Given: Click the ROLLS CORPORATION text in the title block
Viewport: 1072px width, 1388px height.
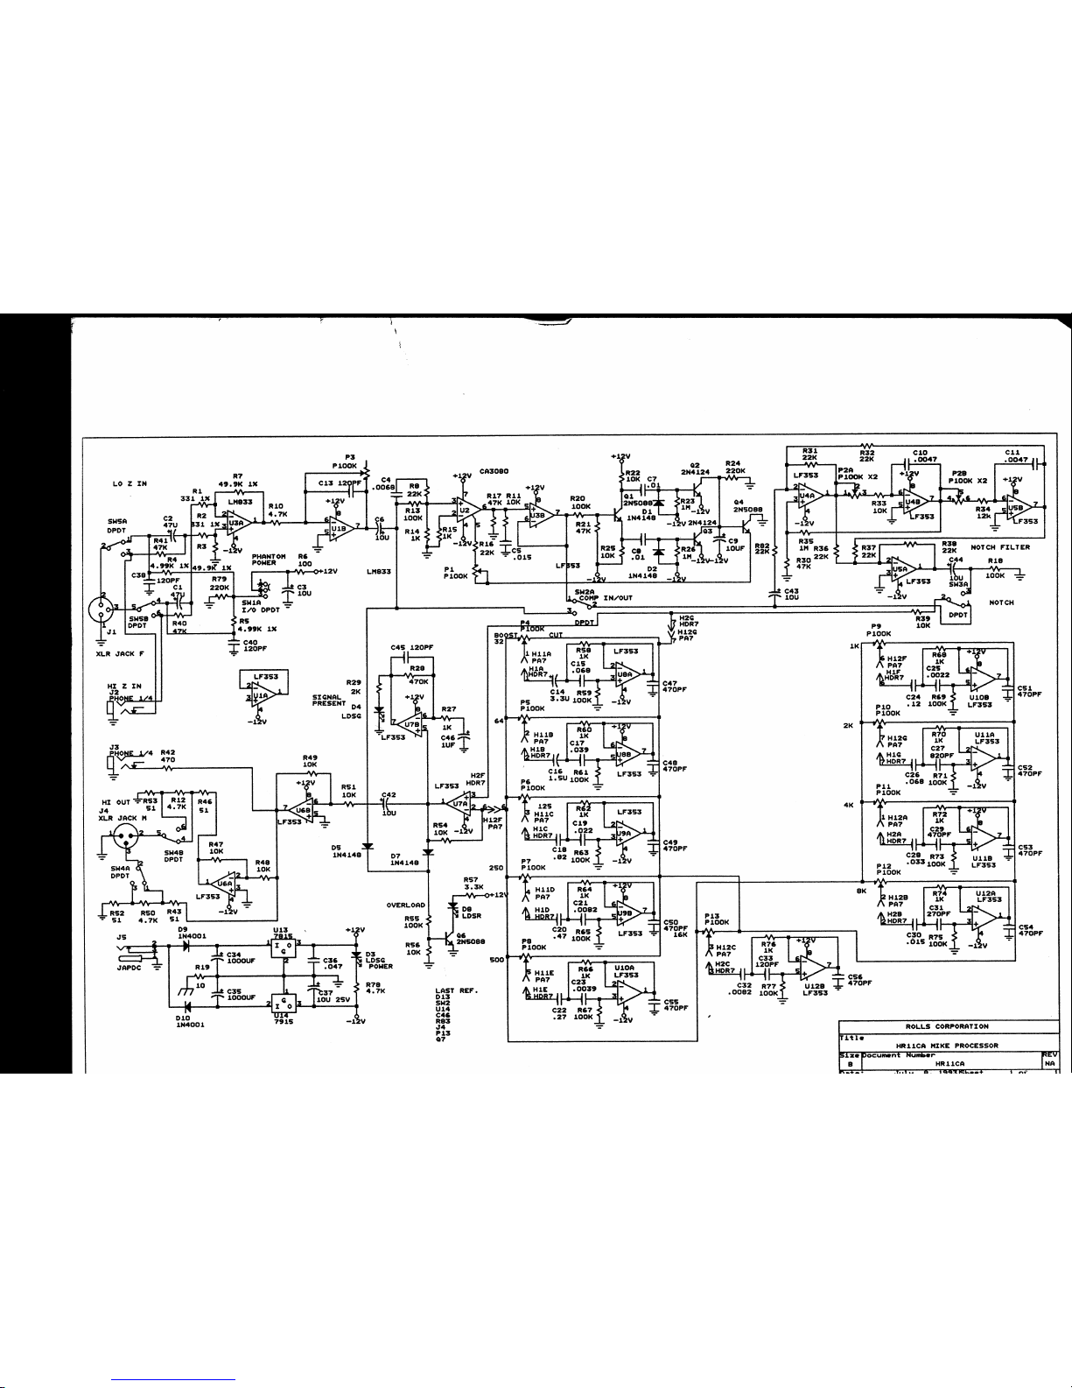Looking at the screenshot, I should pyautogui.click(x=947, y=1025).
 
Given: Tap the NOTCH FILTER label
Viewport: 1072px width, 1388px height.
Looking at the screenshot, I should pyautogui.click(x=1000, y=547).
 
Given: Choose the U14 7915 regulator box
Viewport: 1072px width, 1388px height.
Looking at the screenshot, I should pyautogui.click(x=283, y=1002).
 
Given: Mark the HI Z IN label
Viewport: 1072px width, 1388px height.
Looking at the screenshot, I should pyautogui.click(x=125, y=687).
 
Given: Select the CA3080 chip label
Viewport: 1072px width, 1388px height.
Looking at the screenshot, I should pyautogui.click(x=494, y=470).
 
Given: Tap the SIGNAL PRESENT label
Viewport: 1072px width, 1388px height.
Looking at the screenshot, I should pyautogui.click(x=331, y=700).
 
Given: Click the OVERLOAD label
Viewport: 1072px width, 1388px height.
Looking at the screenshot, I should pyautogui.click(x=405, y=905).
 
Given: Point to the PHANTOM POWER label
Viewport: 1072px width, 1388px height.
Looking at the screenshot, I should pyautogui.click(x=269, y=560).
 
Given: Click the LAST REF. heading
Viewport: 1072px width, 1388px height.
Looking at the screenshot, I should pyautogui.click(x=455, y=990).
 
